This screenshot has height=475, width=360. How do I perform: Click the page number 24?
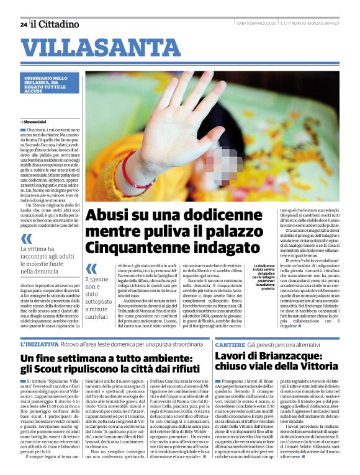click(24, 24)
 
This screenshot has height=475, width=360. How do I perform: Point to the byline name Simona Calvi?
click(39, 122)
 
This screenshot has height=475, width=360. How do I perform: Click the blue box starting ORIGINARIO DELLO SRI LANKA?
click(47, 86)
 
